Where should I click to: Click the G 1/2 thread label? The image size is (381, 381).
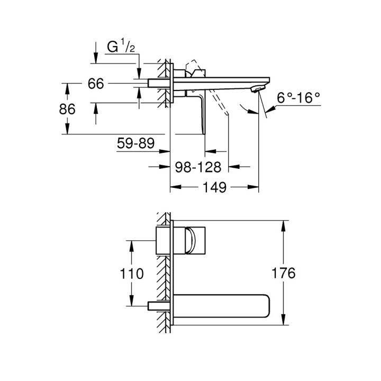coord(121,48)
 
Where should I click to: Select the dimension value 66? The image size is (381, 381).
coord(96,84)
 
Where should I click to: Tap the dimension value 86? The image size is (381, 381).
coord(67,109)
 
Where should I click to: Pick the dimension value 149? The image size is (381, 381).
coord(214,187)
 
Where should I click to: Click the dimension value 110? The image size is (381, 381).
coord(131,274)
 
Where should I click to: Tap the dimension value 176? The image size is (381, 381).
coord(283,274)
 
